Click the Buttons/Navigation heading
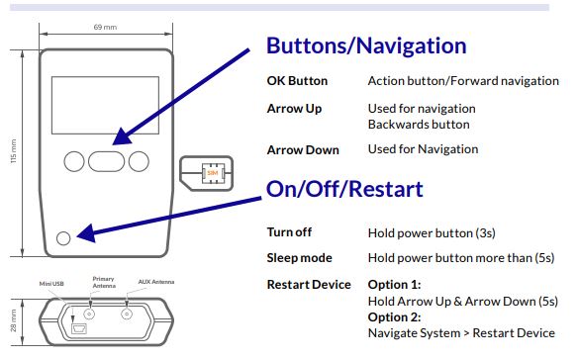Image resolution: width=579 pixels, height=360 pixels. [366, 46]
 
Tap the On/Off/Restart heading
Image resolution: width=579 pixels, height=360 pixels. [344, 189]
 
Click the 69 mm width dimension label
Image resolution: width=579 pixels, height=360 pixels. [105, 28]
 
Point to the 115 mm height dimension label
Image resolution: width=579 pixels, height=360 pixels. [13, 151]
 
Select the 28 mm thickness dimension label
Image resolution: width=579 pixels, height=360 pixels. [13, 320]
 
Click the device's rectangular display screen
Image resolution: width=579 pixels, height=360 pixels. [105, 105]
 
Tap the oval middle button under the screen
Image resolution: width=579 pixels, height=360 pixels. [106, 161]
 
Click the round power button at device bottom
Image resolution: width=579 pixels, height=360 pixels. [63, 238]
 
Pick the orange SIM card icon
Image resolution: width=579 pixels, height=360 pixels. [213, 173]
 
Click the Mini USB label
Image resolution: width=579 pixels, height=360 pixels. [51, 284]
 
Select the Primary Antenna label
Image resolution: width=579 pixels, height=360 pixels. [104, 282]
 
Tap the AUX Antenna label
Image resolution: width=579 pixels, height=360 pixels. [156, 282]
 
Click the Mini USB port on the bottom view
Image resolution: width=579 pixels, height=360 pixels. [78, 328]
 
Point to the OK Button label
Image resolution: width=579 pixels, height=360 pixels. [297, 81]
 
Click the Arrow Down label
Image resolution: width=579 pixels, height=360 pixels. [303, 150]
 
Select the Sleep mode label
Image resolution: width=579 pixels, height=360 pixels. [300, 258]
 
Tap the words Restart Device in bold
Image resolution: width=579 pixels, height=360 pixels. [309, 285]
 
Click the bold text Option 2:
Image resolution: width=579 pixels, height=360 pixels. [394, 317]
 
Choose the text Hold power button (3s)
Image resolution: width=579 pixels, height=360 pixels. [432, 233]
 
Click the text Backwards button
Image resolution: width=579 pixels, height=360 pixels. [419, 125]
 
